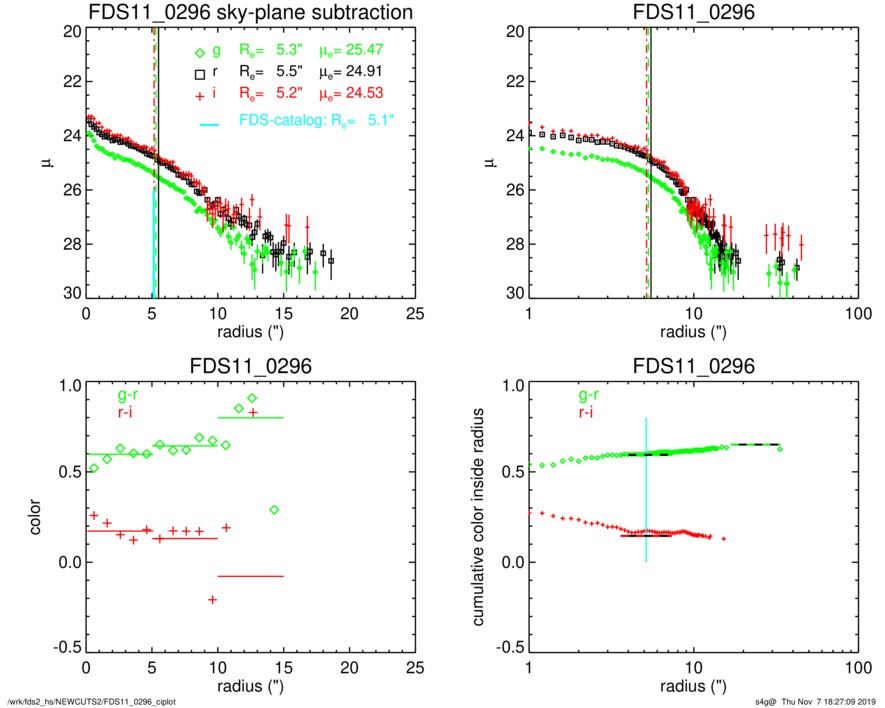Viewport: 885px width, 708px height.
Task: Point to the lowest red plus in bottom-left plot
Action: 213,599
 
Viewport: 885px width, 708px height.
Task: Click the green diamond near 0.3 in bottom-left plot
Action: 274,510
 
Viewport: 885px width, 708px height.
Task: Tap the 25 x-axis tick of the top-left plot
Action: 413,313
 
